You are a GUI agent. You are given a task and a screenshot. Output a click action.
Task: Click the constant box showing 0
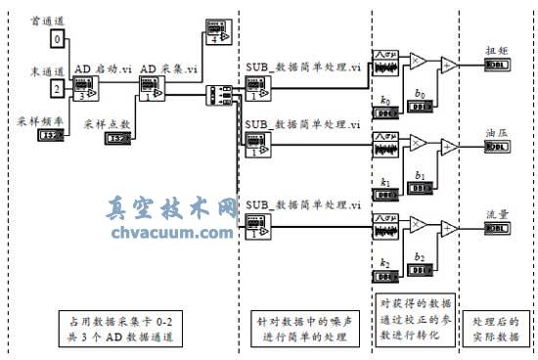point(58,39)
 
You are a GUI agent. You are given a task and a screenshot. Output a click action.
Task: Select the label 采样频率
point(36,120)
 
